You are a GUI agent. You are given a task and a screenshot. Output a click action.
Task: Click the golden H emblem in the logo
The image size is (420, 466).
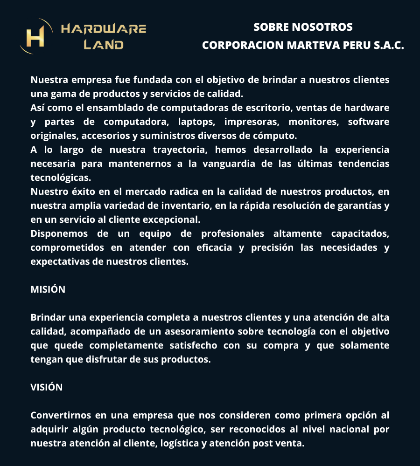(x=35, y=36)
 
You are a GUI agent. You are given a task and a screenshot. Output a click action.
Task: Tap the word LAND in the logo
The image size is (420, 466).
(x=104, y=45)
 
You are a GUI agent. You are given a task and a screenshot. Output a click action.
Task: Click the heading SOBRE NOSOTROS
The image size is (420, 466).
(x=303, y=27)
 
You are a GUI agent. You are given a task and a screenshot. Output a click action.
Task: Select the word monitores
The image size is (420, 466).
(x=311, y=122)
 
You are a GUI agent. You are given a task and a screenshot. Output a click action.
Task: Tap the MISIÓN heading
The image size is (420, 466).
(x=48, y=289)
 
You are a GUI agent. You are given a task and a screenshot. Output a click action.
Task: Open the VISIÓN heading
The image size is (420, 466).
(x=46, y=387)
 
